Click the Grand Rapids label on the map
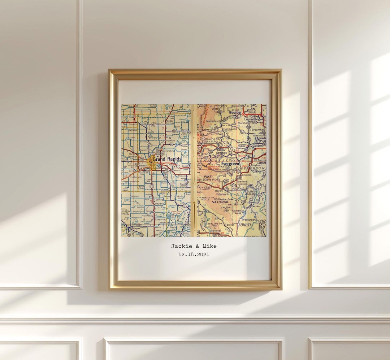[x=167, y=159]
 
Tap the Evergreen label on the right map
[x=230, y=164]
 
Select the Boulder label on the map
[x=235, y=112]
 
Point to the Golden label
[x=257, y=146]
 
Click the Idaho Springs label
[x=221, y=151]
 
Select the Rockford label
[x=170, y=140]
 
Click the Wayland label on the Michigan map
[x=159, y=203]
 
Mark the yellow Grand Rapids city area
[x=152, y=163]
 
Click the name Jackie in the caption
[x=180, y=246]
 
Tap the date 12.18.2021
[x=194, y=255]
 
